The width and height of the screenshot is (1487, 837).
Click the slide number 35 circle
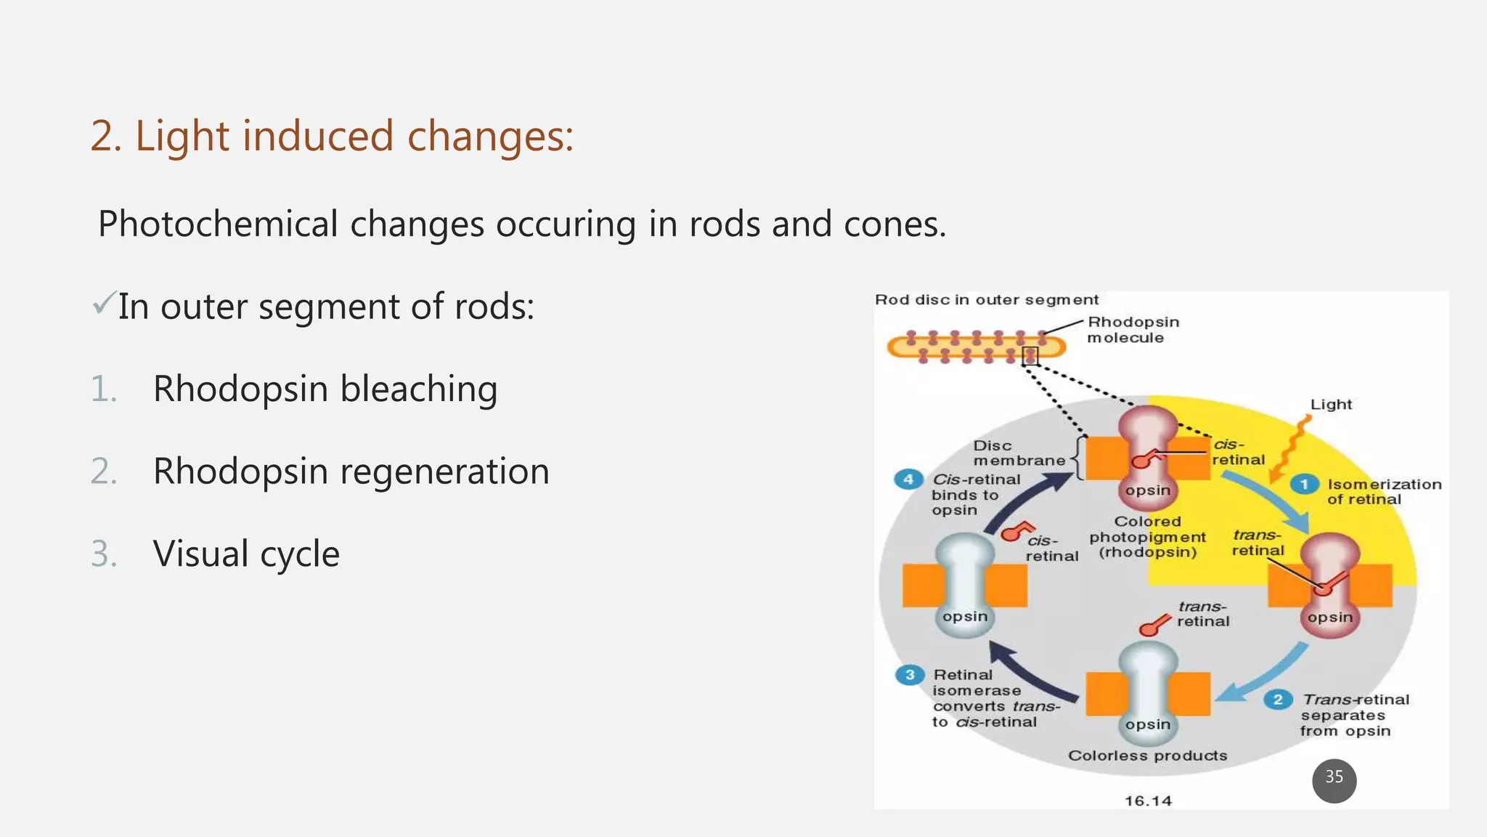click(1334, 781)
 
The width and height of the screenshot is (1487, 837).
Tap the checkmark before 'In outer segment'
click(104, 303)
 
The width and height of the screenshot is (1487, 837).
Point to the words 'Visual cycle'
click(246, 554)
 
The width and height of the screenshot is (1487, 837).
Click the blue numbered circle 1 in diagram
click(1304, 484)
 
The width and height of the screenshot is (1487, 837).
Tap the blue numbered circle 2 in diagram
click(1278, 700)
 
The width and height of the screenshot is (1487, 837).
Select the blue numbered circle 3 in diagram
click(909, 675)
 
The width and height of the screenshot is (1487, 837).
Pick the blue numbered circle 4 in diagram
click(908, 480)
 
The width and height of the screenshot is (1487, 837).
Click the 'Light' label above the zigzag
click(1331, 405)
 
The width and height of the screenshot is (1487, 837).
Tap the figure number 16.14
click(1148, 801)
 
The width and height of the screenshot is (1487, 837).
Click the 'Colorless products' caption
click(1147, 756)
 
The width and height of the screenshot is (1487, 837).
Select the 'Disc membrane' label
click(1018, 453)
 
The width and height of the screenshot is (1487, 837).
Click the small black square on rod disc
click(1030, 356)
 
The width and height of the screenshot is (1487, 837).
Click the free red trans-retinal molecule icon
click(1154, 626)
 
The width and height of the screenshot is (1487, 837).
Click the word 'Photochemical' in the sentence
click(218, 225)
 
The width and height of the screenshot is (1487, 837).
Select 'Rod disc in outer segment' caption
click(986, 300)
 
